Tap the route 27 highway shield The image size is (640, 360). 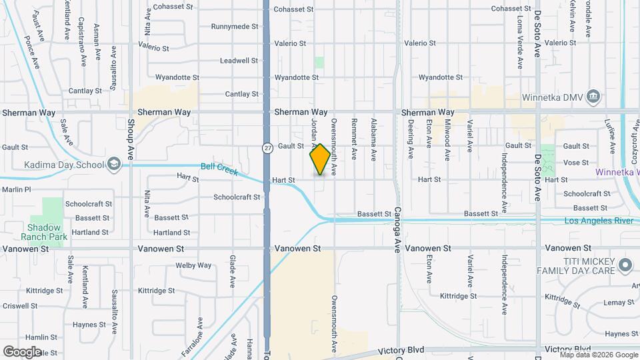(x=267, y=147)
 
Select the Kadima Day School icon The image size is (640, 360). (x=114, y=165)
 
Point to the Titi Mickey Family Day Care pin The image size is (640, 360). (x=625, y=265)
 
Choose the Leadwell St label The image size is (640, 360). (x=239, y=61)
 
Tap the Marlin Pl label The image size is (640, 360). (x=17, y=189)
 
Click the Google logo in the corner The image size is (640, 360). (x=21, y=351)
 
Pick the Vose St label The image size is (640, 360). (x=576, y=163)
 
